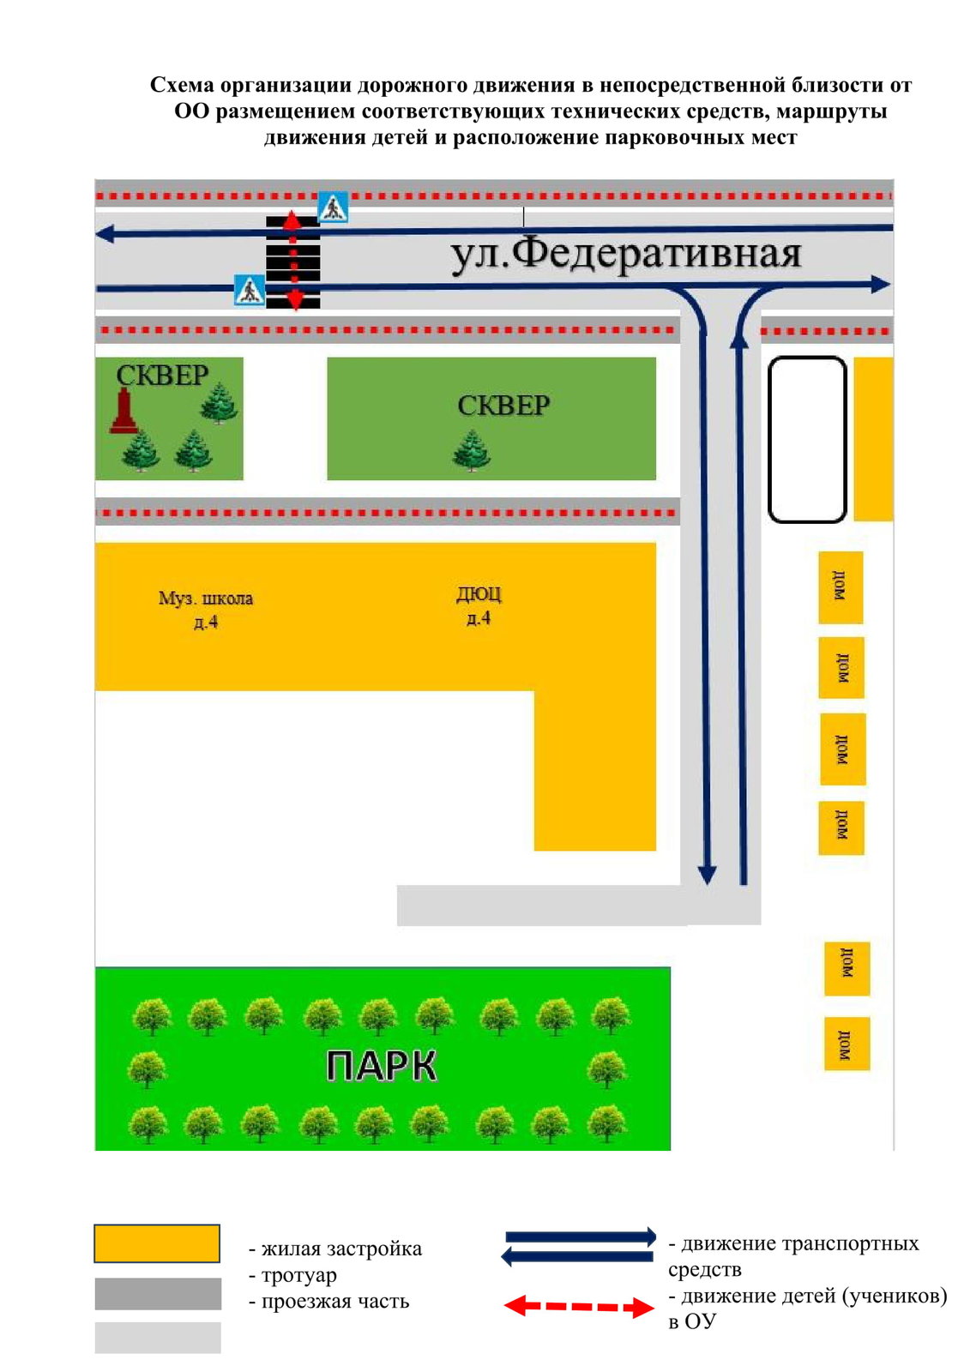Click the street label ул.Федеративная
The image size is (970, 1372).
[x=625, y=254]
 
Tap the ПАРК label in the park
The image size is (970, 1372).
[x=381, y=1066]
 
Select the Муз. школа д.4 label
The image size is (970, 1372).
[x=206, y=610]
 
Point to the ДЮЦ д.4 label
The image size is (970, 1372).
[x=479, y=605]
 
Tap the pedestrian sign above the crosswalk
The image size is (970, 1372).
[x=333, y=207]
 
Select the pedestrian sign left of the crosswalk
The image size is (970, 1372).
[x=250, y=291]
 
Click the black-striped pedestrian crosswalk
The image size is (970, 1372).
[x=293, y=262]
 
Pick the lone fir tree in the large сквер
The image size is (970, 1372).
[x=471, y=450]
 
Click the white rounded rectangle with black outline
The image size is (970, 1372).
[x=770, y=439]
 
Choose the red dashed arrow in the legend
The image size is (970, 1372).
[x=578, y=1307]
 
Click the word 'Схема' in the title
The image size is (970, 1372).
[x=182, y=85]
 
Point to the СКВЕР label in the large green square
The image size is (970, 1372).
[x=503, y=406]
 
